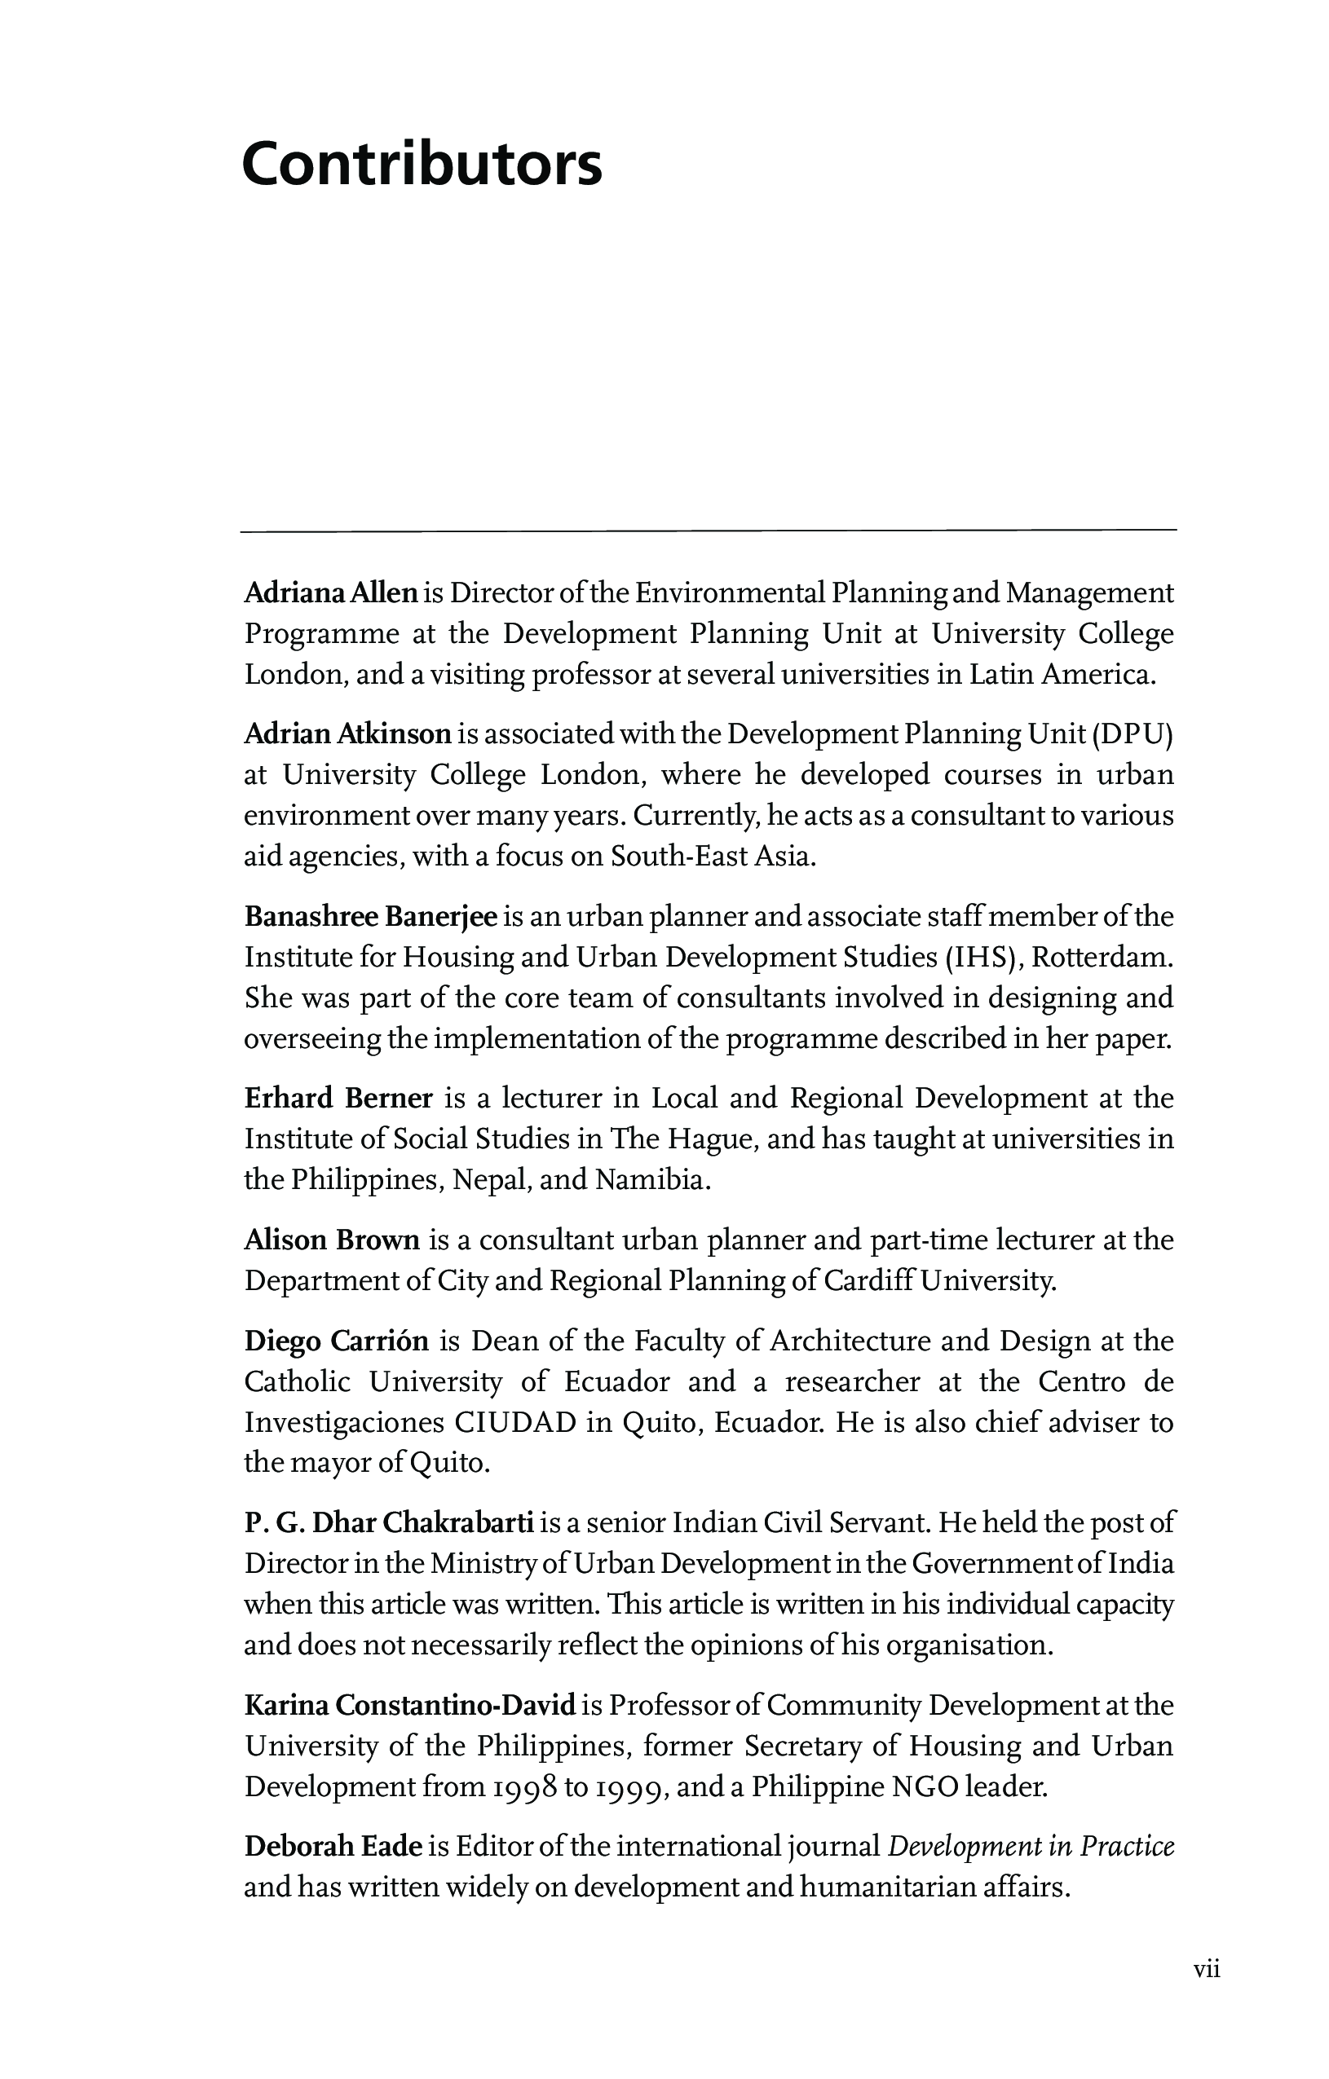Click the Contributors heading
(x=422, y=164)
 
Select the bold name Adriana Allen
(x=331, y=593)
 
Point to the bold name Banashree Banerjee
(x=370, y=916)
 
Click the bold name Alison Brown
(x=332, y=1240)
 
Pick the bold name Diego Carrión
(x=336, y=1341)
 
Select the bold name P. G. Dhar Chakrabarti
(x=389, y=1522)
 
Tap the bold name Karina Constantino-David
(x=409, y=1705)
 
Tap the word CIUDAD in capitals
(x=514, y=1422)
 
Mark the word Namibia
(x=653, y=1179)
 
